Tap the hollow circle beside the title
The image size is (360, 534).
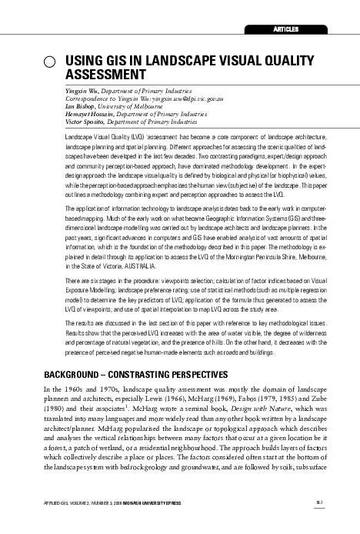point(48,63)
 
